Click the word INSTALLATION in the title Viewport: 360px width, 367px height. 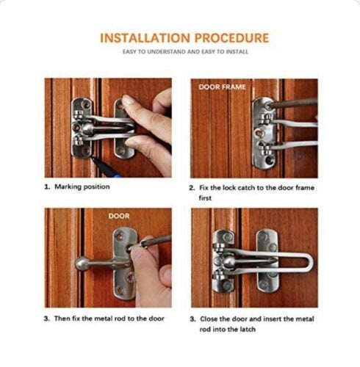[x=145, y=38]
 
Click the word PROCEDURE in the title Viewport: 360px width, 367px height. [x=231, y=38]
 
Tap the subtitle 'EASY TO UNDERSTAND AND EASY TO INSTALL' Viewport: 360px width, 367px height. [x=185, y=52]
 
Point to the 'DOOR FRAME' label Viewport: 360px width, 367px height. [x=222, y=87]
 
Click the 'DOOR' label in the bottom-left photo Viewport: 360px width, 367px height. [x=119, y=216]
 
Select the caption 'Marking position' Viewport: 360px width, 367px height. [x=82, y=186]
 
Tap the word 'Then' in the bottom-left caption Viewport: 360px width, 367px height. [x=62, y=319]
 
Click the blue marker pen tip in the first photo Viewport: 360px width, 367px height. [x=93, y=159]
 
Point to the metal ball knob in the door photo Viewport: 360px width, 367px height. [x=82, y=264]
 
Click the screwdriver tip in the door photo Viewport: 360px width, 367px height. [x=129, y=249]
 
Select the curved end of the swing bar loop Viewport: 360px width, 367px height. [x=310, y=263]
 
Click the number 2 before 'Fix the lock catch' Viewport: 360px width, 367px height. [x=192, y=188]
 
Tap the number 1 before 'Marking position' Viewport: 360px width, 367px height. [x=47, y=186]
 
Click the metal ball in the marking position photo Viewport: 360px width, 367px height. [x=87, y=128]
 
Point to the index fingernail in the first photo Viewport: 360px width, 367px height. [x=128, y=99]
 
